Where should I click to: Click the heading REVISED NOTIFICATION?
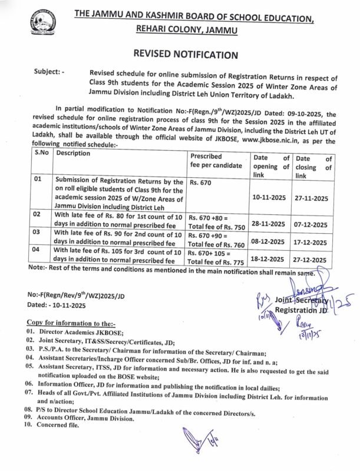point(180,55)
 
